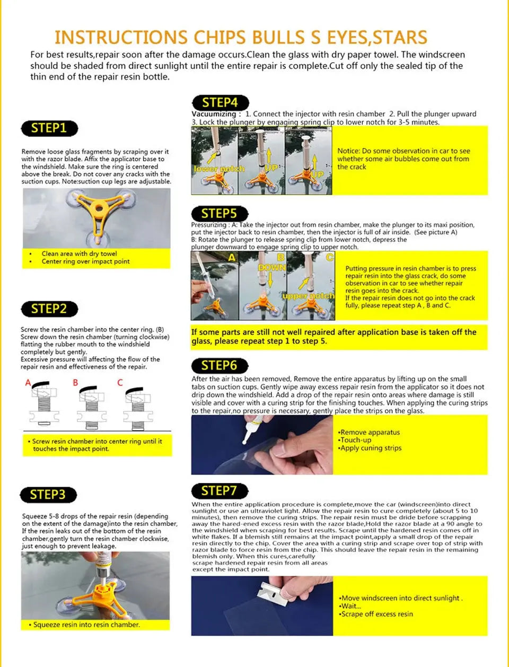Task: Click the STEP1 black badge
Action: point(49,128)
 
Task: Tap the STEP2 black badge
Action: point(49,309)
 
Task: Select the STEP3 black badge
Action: point(48,495)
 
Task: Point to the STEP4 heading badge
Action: point(220,102)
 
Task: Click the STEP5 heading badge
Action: point(219,214)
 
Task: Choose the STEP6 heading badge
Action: point(219,365)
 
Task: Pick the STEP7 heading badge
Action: point(218,490)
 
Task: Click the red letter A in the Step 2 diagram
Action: point(28,382)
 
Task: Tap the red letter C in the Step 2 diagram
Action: point(120,382)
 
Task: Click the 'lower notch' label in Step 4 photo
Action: point(219,169)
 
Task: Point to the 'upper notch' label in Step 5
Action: point(308,296)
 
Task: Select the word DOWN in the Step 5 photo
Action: point(271,268)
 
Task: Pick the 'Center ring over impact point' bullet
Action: point(85,261)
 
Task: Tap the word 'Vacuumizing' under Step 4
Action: point(214,114)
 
